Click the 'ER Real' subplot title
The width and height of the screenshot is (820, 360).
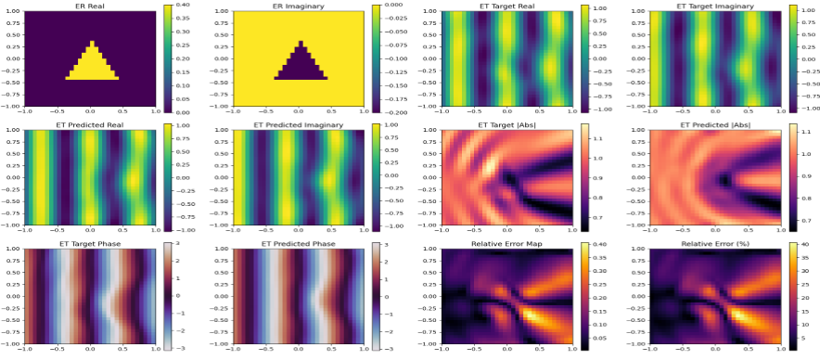pyautogui.click(x=91, y=5)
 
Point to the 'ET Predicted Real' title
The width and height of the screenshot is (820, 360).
pyautogui.click(x=91, y=124)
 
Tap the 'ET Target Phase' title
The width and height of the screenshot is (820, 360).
pyautogui.click(x=91, y=244)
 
